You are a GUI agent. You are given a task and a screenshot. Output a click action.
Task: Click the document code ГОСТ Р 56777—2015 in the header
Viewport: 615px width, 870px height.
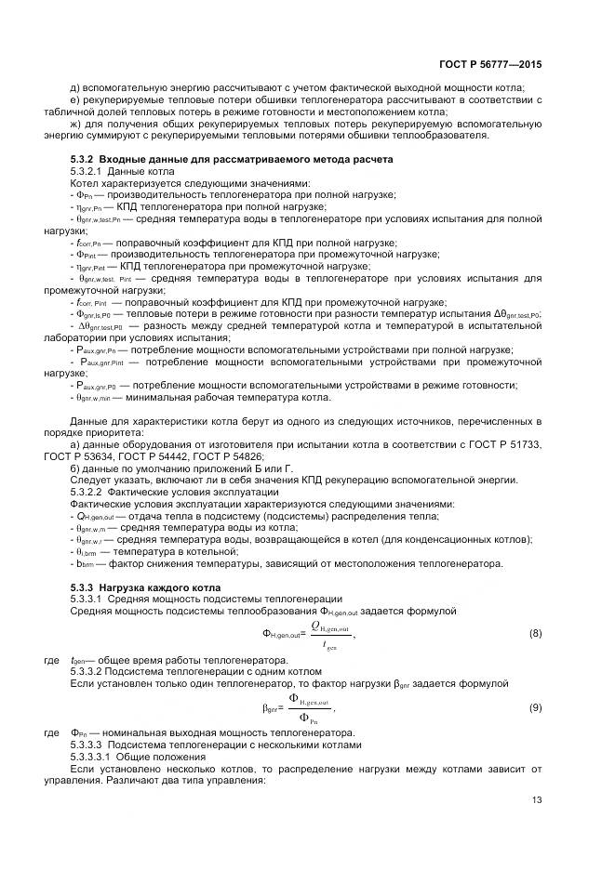click(x=490, y=65)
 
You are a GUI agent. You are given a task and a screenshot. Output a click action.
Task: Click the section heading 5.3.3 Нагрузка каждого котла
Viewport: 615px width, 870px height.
click(x=146, y=587)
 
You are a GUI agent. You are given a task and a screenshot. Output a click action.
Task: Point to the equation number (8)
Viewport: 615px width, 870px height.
click(x=535, y=633)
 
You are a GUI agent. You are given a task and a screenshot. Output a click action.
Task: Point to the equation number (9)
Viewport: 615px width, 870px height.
click(x=535, y=708)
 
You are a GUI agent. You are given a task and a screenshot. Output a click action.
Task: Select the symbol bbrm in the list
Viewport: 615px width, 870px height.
click(x=87, y=562)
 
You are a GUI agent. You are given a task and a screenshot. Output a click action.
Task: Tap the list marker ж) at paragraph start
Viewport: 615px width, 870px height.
click(x=75, y=124)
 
